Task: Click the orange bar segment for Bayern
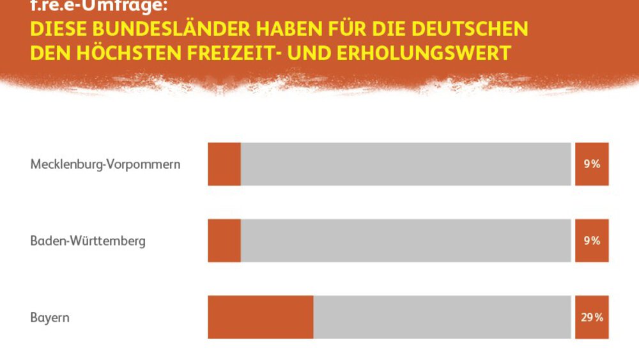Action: click(261, 317)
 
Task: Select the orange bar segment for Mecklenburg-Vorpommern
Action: click(224, 164)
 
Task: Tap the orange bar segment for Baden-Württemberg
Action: click(224, 240)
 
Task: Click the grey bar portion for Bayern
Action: click(442, 317)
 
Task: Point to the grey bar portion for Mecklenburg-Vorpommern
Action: click(406, 164)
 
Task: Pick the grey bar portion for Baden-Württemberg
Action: click(406, 240)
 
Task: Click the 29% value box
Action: click(592, 317)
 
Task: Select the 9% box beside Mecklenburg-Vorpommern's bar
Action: click(592, 164)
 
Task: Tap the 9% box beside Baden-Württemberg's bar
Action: click(592, 240)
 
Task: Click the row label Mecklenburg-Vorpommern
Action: click(105, 164)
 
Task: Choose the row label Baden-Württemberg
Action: click(88, 241)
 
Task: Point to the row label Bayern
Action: click(50, 318)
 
